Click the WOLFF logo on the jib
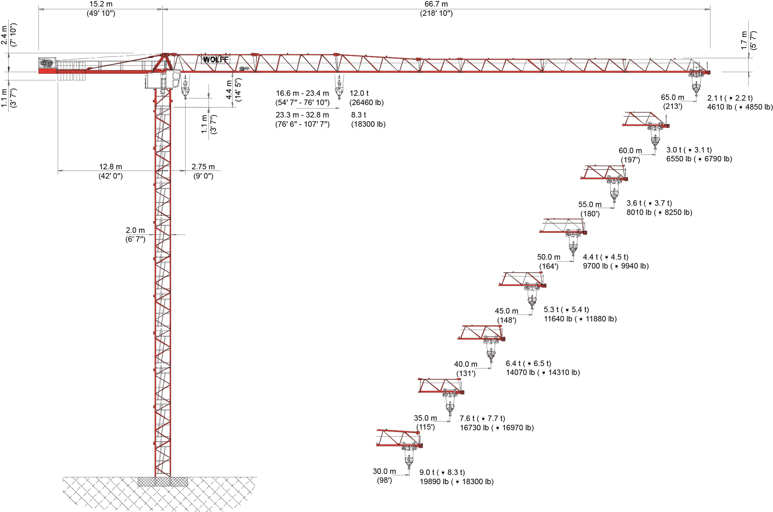[215, 60]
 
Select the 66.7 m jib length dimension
[436, 4]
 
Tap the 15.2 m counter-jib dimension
[101, 4]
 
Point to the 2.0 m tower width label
[135, 230]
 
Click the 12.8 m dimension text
[111, 167]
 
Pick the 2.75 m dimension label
[203, 167]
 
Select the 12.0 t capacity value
[359, 93]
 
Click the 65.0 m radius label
[672, 97]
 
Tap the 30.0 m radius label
[384, 471]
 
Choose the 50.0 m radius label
[549, 257]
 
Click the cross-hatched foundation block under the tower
[163, 481]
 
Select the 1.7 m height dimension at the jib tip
[744, 40]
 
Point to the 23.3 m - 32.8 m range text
[302, 115]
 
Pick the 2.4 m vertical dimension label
[4, 35]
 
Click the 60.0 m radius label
[630, 150]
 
